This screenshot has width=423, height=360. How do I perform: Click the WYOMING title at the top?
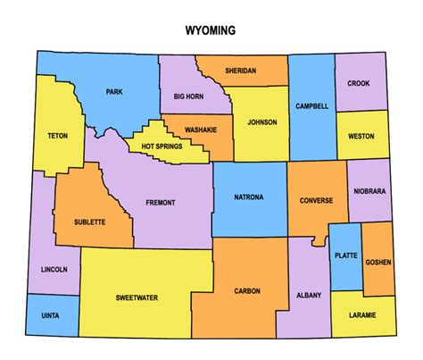[211, 30]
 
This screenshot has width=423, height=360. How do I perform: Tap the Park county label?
[114, 91]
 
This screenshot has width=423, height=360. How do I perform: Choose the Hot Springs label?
[162, 144]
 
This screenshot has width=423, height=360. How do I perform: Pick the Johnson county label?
[262, 122]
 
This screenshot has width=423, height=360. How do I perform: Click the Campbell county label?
[311, 106]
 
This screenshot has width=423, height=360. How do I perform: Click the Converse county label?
[316, 200]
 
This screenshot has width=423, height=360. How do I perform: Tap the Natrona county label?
[248, 197]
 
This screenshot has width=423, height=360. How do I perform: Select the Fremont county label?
[160, 203]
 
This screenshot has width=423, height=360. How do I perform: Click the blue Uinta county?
[50, 314]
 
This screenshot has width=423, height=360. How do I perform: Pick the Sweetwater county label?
[137, 297]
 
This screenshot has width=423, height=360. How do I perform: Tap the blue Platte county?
[344, 256]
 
